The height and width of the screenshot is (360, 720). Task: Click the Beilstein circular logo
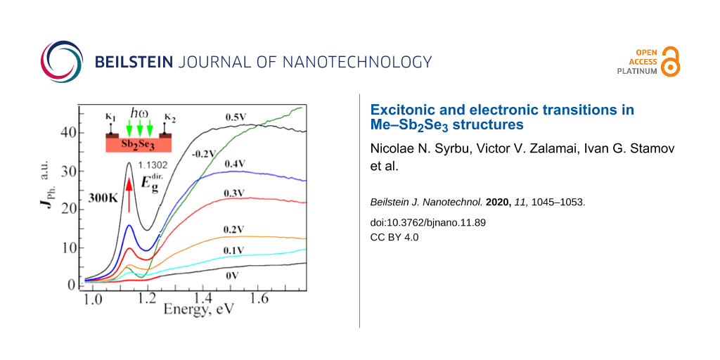[x=63, y=61]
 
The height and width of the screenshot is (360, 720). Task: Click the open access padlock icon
[x=671, y=61]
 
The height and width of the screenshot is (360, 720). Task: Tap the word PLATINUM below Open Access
[x=637, y=71]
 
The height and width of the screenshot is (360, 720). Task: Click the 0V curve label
[x=233, y=276]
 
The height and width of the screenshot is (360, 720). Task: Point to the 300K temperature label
[x=102, y=199]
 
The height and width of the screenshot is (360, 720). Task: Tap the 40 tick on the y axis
[x=68, y=132]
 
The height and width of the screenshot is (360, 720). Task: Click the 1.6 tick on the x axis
[x=259, y=300]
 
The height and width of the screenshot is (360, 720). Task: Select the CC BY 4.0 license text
[x=394, y=237]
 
